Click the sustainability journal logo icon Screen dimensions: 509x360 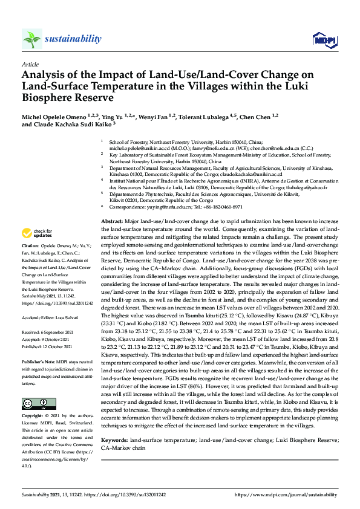(x=32, y=39)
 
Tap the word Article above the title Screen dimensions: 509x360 (x=30, y=63)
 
